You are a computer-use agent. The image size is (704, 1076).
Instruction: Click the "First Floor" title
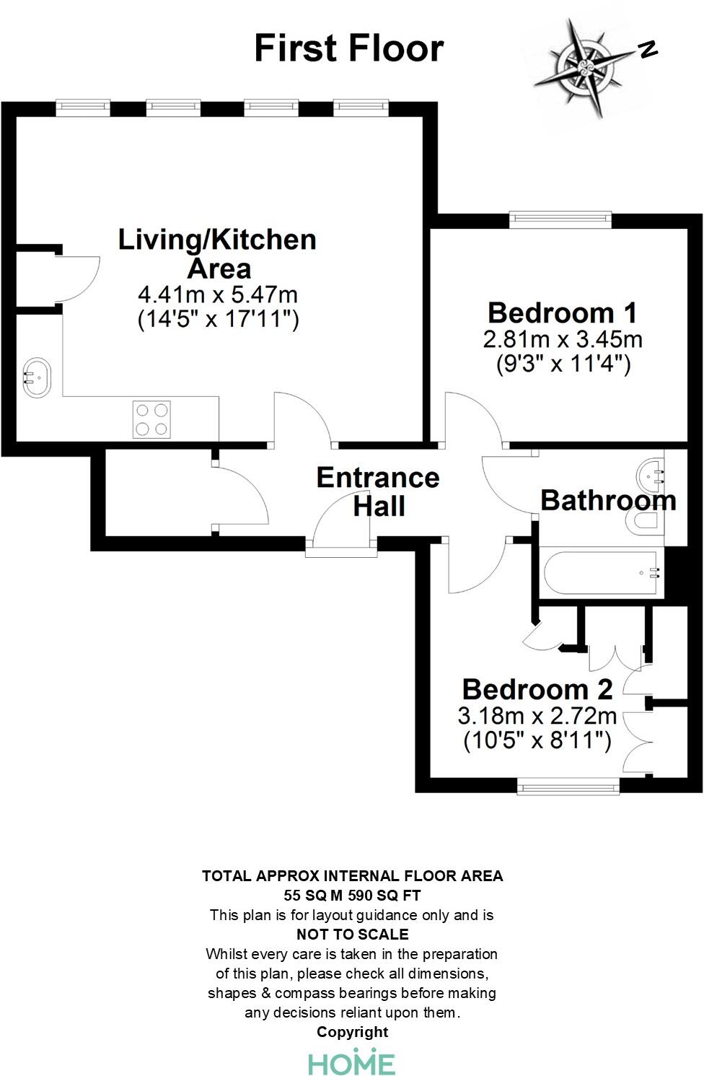click(x=349, y=48)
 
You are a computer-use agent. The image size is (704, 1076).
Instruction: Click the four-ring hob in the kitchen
click(x=151, y=419)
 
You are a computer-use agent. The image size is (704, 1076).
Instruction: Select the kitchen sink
click(x=37, y=377)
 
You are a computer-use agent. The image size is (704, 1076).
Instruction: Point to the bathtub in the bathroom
click(x=601, y=574)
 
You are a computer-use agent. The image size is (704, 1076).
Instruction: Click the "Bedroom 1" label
click(x=562, y=312)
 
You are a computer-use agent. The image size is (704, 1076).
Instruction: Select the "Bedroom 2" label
click(x=537, y=689)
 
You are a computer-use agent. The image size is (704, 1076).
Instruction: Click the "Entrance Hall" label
click(x=378, y=491)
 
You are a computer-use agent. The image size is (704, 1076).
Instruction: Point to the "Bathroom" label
click(x=608, y=500)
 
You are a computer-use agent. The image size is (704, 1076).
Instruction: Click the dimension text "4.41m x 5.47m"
click(x=217, y=294)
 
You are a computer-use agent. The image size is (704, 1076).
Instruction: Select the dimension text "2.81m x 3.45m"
click(x=563, y=338)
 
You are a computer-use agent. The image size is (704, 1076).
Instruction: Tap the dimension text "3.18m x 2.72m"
click(x=537, y=716)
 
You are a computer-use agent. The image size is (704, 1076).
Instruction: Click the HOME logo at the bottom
click(x=352, y=1063)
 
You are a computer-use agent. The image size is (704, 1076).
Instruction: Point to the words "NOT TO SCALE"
click(x=352, y=935)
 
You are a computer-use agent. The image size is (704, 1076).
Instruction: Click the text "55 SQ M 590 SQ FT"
click(x=352, y=896)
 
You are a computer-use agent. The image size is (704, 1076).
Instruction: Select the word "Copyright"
click(x=352, y=1032)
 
